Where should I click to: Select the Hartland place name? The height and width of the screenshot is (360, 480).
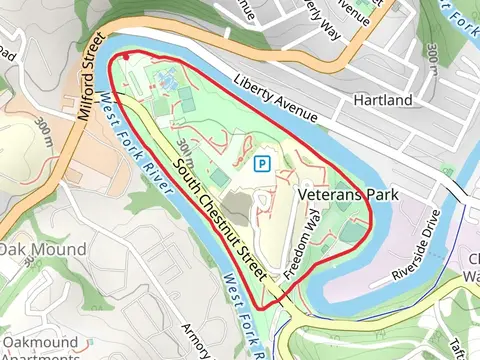point(384,101)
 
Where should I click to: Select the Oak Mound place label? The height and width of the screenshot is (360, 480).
point(43,248)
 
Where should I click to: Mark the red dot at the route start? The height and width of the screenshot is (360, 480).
point(127,58)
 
